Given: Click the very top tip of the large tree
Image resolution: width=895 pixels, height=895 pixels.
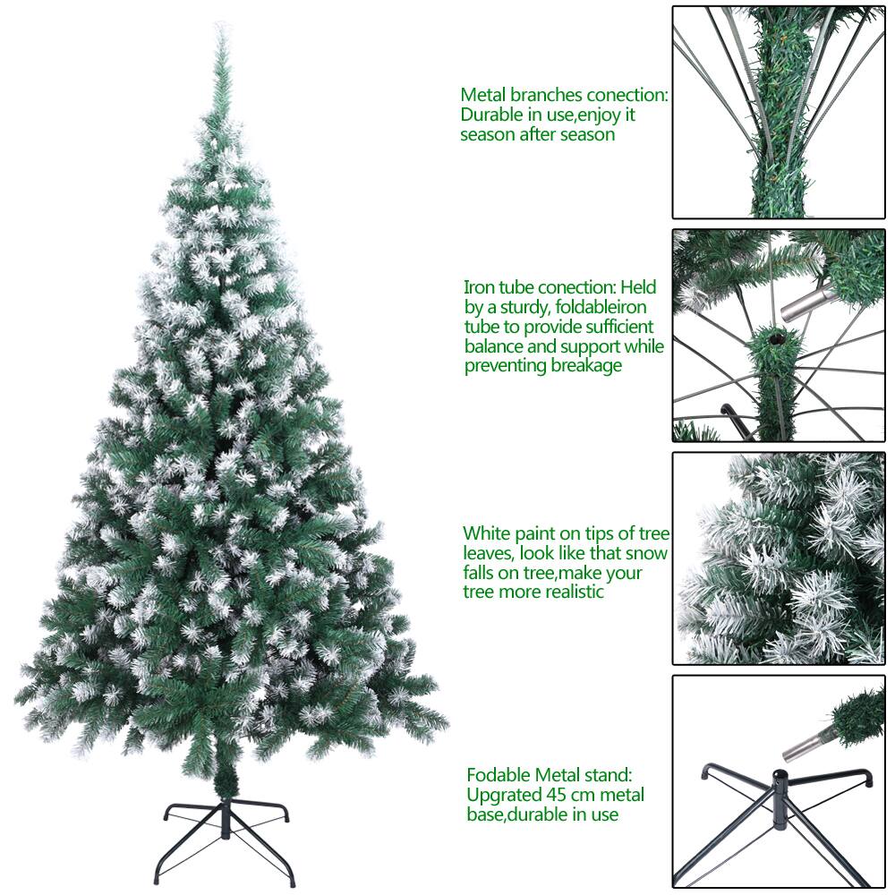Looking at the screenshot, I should click(x=216, y=28).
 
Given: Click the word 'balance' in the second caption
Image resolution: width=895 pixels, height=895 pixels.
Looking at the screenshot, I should click(x=494, y=346).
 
